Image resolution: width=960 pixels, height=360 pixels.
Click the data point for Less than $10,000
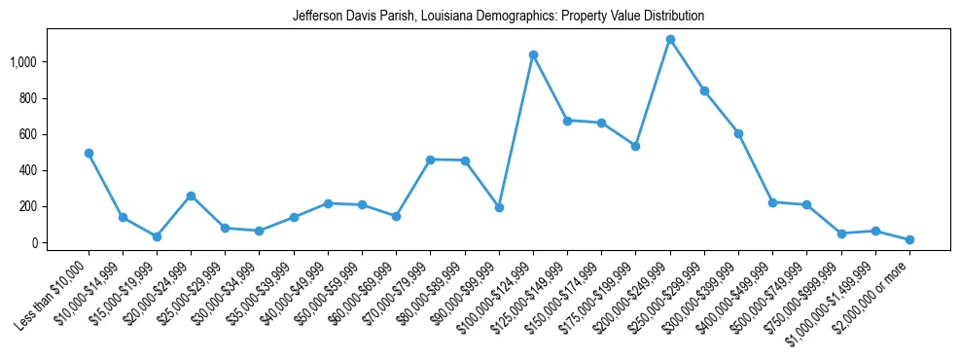point(89,153)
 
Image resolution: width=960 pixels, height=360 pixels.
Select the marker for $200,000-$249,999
point(670,39)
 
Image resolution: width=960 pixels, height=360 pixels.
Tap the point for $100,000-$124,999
point(533,54)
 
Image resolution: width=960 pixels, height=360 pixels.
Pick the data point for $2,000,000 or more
point(909,239)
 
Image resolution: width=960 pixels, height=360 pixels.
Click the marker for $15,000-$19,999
point(157,236)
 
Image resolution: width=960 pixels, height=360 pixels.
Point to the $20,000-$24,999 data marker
point(191,196)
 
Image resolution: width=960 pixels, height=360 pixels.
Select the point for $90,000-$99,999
point(499,207)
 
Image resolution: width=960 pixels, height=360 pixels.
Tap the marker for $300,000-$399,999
point(738,133)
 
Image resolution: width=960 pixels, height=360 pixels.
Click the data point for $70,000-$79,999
point(431,160)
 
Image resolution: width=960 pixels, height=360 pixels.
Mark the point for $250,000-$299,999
point(704,90)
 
